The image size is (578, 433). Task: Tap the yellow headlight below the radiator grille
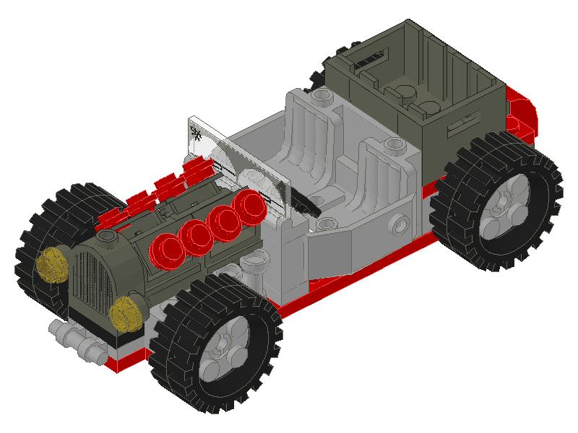click(127, 312)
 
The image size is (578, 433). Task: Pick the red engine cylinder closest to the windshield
click(251, 208)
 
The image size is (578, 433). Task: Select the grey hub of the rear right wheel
click(504, 205)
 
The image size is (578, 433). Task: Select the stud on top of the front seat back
click(393, 146)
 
